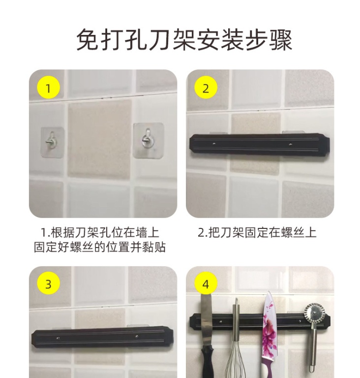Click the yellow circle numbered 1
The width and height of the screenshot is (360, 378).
(x=48, y=88)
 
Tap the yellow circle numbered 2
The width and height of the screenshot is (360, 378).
(x=206, y=88)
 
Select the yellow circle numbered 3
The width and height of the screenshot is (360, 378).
(x=48, y=283)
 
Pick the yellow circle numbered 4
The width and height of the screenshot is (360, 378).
(x=206, y=283)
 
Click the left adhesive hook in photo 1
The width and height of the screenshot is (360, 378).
(x=52, y=142)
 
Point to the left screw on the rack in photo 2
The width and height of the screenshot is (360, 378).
(x=214, y=144)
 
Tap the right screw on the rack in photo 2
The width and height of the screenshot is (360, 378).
(x=290, y=144)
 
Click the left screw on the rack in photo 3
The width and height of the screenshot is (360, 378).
(x=58, y=338)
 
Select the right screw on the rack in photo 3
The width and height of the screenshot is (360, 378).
(x=137, y=336)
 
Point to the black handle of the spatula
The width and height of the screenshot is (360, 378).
(x=208, y=362)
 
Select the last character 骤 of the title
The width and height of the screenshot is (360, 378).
(x=281, y=39)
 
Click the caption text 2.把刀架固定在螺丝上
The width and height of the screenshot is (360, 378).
(x=257, y=233)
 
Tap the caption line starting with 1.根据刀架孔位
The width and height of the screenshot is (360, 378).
(x=99, y=233)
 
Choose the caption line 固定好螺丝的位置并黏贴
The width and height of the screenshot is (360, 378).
(x=99, y=247)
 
